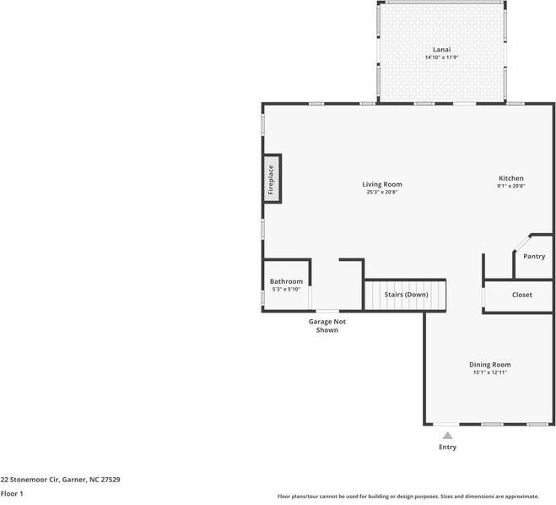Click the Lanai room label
[x=441, y=49]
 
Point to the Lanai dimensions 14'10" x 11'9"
[x=441, y=57]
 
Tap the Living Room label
[x=382, y=184]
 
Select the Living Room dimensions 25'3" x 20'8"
[x=382, y=193]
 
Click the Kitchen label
[x=511, y=178]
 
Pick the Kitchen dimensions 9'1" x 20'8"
[x=511, y=187]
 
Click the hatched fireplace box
[x=272, y=179]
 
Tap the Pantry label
[x=534, y=256]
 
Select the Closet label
[x=522, y=295]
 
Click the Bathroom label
[x=286, y=281]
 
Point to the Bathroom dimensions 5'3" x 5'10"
[x=286, y=290]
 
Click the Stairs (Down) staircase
[x=405, y=295]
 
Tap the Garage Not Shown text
[x=327, y=326]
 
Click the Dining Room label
[x=490, y=365]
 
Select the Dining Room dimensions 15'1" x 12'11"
[x=490, y=372]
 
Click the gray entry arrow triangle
[x=447, y=436]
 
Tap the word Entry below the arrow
[x=447, y=447]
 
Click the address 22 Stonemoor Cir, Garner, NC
[x=60, y=479]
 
